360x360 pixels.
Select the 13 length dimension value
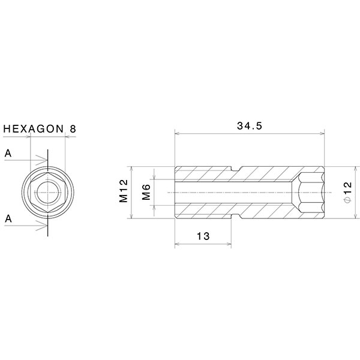[x=203, y=236]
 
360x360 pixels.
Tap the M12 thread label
[x=124, y=191]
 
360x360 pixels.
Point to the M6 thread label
[x=146, y=192]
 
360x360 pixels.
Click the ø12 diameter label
[x=347, y=192]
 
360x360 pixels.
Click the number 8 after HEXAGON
[x=73, y=129]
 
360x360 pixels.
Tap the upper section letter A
[x=8, y=154]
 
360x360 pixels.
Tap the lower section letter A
[x=8, y=219]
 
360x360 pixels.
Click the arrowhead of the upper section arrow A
[x=44, y=160]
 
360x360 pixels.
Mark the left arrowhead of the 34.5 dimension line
[x=176, y=134]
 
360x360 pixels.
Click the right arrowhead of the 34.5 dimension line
[x=322, y=134]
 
